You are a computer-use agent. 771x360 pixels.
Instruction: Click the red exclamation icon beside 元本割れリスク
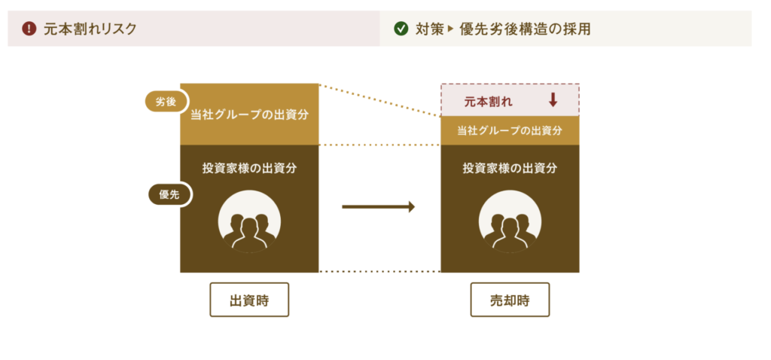(x=29, y=29)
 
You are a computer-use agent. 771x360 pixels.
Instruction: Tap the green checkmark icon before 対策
(x=401, y=29)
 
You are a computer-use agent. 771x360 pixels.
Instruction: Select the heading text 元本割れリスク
(x=90, y=29)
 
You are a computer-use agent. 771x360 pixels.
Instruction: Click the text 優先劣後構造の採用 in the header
(x=525, y=29)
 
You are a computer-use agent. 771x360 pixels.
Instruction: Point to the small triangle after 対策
(x=449, y=29)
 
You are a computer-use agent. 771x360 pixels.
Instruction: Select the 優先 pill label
(x=168, y=195)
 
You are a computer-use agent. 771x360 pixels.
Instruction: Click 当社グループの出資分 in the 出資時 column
(x=249, y=115)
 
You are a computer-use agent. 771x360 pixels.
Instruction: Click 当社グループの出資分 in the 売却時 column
(x=510, y=131)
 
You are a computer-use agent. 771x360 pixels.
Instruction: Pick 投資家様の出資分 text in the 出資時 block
(x=249, y=168)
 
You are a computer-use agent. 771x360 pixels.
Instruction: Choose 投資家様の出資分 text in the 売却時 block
(x=510, y=168)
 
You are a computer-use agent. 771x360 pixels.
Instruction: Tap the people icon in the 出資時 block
(x=249, y=221)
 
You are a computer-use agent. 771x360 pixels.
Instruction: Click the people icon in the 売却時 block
(x=510, y=221)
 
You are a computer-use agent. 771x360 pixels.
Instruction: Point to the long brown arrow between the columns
(x=379, y=207)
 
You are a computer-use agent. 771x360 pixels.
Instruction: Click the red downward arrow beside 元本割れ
(x=553, y=100)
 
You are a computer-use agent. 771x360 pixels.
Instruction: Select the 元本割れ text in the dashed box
(x=488, y=102)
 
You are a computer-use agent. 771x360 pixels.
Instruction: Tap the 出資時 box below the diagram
(x=249, y=300)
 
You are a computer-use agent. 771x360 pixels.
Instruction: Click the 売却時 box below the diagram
(x=510, y=300)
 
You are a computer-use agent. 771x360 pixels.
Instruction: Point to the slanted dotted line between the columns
(x=379, y=100)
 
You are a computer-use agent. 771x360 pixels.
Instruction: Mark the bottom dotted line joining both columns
(x=379, y=271)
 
